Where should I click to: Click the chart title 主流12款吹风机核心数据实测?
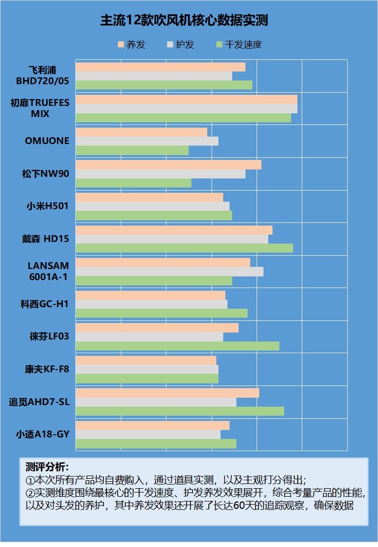(x=184, y=21)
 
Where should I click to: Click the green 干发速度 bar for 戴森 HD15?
(x=184, y=248)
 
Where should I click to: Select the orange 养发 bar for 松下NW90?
(x=168, y=165)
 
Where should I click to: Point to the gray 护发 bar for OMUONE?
(x=147, y=141)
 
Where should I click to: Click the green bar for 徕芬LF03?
(x=177, y=346)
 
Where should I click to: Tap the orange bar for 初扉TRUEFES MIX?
(x=186, y=100)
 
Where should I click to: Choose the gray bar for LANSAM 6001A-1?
(x=169, y=272)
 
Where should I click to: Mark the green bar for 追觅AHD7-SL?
(x=180, y=411)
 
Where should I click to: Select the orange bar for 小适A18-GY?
(x=152, y=425)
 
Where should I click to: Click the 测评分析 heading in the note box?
(x=47, y=467)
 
